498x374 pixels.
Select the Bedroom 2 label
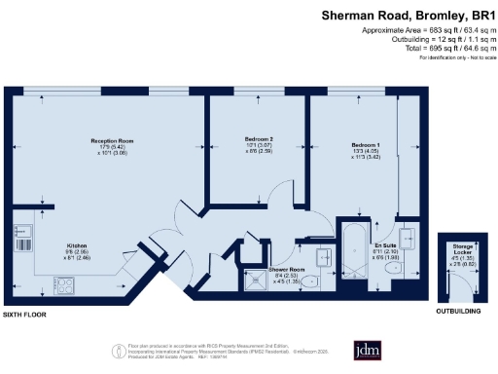258,140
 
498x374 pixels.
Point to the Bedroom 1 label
365,145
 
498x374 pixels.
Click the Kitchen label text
80,245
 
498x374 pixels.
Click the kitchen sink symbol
28,236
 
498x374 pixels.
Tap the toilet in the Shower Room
309,281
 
